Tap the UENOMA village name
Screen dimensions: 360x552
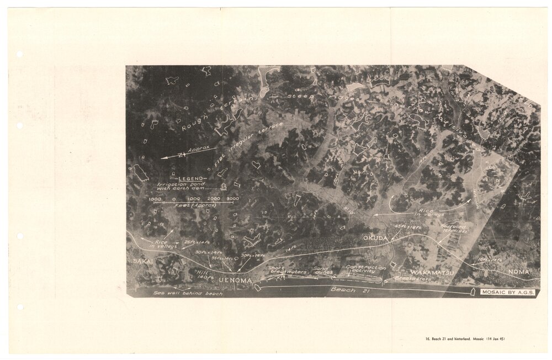(x=235, y=281)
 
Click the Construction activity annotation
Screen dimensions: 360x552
(x=365, y=271)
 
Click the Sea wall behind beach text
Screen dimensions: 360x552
(x=188, y=293)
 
